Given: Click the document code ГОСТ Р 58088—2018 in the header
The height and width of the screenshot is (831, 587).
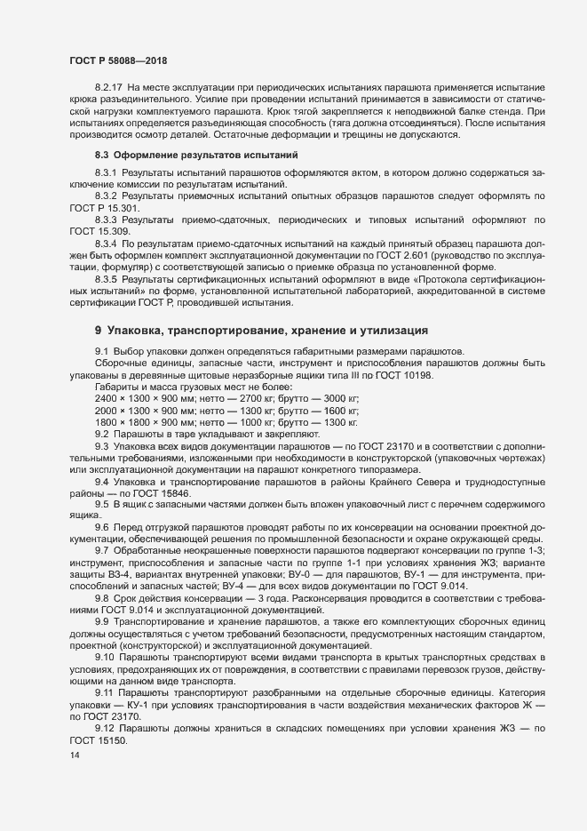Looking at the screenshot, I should coord(118,59).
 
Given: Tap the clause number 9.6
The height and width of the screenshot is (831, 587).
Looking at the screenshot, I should coord(102,527).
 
